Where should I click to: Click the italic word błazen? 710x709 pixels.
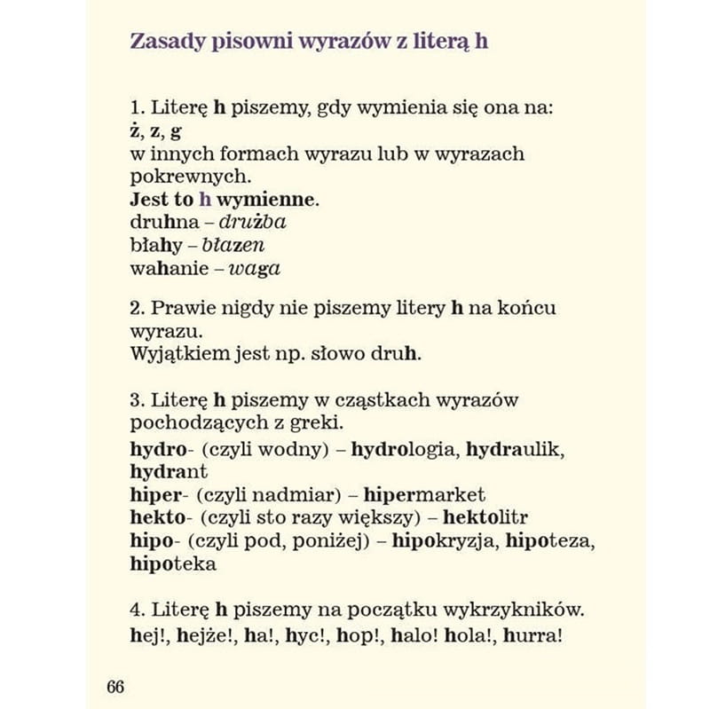pos(233,245)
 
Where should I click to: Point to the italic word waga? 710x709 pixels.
pos(255,268)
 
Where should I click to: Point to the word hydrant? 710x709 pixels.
pos(169,471)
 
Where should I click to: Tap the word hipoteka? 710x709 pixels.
pos(173,563)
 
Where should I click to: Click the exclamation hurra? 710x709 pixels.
pos(535,634)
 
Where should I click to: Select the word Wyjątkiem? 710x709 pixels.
pos(173,354)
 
